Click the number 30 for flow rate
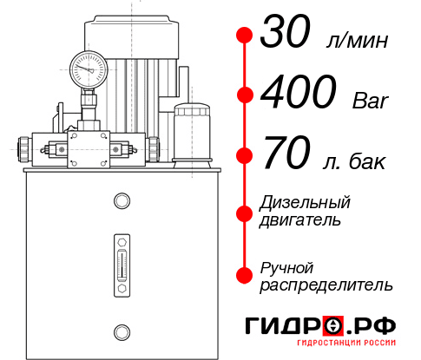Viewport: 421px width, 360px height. click(x=287, y=36)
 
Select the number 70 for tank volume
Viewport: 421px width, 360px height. click(x=287, y=157)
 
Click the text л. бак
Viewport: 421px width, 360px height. click(x=353, y=161)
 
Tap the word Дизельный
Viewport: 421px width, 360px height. click(x=305, y=203)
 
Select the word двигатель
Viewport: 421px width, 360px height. click(x=299, y=220)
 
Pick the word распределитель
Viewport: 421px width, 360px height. click(x=326, y=285)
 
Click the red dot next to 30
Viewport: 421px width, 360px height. click(x=245, y=36)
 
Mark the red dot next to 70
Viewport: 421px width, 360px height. click(x=245, y=157)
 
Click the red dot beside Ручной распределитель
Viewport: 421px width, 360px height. click(x=245, y=275)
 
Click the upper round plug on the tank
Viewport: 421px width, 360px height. click(x=121, y=202)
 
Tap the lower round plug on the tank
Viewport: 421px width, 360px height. click(x=121, y=330)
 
